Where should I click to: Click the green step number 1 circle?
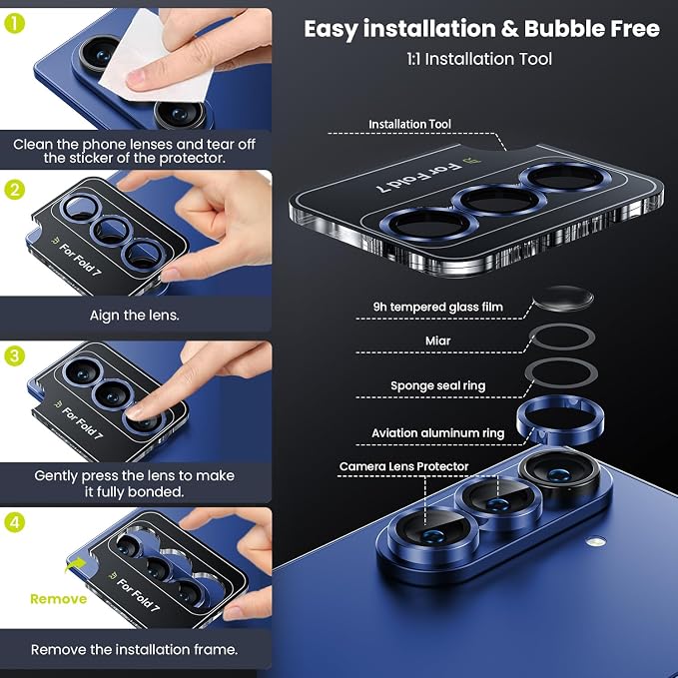[x=14, y=23]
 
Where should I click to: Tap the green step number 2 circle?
[x=14, y=190]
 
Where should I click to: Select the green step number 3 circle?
[x=14, y=355]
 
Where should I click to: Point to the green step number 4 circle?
[x=14, y=522]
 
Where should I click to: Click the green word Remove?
[x=58, y=599]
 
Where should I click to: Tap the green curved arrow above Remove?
[x=75, y=564]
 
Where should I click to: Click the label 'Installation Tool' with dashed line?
[x=409, y=124]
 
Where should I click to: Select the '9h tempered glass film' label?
[x=438, y=307]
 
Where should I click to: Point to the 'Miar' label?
[x=437, y=340]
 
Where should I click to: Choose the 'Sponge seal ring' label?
[x=438, y=385]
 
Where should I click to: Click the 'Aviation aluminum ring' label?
[x=438, y=432]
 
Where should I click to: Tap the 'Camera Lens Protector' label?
[x=403, y=466]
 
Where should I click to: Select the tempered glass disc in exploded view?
[x=563, y=299]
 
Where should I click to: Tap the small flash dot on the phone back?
[x=596, y=540]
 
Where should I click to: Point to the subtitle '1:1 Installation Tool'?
[x=479, y=59]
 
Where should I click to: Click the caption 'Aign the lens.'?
[x=135, y=316]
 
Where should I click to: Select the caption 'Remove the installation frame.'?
[x=135, y=649]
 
